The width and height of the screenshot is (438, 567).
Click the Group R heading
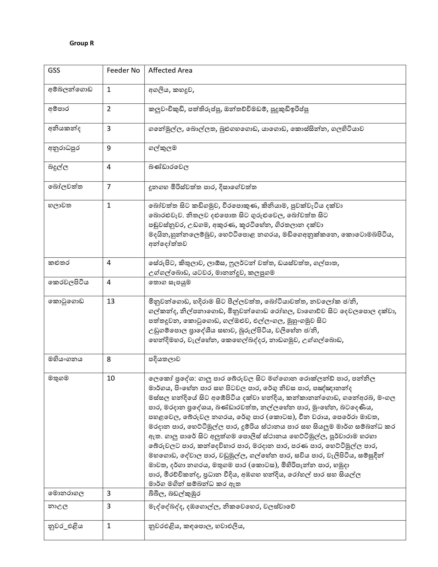coord(81,43)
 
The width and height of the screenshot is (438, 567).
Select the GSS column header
coord(54,70)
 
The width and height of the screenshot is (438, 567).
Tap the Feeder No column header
coord(123,70)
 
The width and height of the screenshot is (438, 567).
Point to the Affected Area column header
coord(170,70)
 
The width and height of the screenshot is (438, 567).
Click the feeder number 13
coord(110,301)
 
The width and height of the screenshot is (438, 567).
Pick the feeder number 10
coord(110,378)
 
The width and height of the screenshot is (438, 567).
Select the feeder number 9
coord(109,148)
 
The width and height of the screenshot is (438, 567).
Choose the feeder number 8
coord(109,359)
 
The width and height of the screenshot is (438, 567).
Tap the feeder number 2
coord(109,109)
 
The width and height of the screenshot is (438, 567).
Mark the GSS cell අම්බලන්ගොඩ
coord(70,90)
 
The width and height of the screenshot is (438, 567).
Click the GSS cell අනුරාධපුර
coord(64,148)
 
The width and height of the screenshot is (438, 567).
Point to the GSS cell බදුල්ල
coord(58,167)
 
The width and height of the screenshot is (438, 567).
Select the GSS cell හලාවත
coord(60,206)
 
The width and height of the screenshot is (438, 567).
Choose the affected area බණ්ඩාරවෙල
coord(169,167)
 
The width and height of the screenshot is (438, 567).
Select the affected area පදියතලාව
coord(164,359)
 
